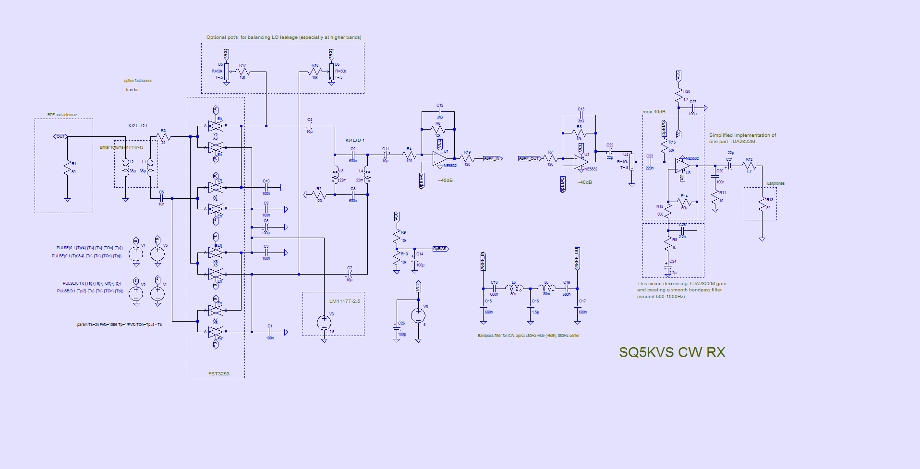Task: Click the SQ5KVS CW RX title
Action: [672, 352]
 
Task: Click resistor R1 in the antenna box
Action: [67, 168]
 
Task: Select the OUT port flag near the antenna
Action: [60, 136]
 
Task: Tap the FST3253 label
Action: [218, 373]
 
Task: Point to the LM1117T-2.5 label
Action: [344, 301]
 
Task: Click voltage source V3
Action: [324, 322]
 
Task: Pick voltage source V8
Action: [418, 315]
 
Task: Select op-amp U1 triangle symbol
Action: [439, 158]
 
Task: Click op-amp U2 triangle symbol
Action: [581, 162]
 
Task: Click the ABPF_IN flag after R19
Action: [492, 158]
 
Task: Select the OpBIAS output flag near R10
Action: [440, 249]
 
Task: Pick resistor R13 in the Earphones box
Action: [762, 204]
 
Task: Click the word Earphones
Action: [775, 183]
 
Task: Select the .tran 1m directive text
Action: [132, 90]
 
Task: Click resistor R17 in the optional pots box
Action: [242, 72]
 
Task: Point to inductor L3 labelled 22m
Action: [335, 176]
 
